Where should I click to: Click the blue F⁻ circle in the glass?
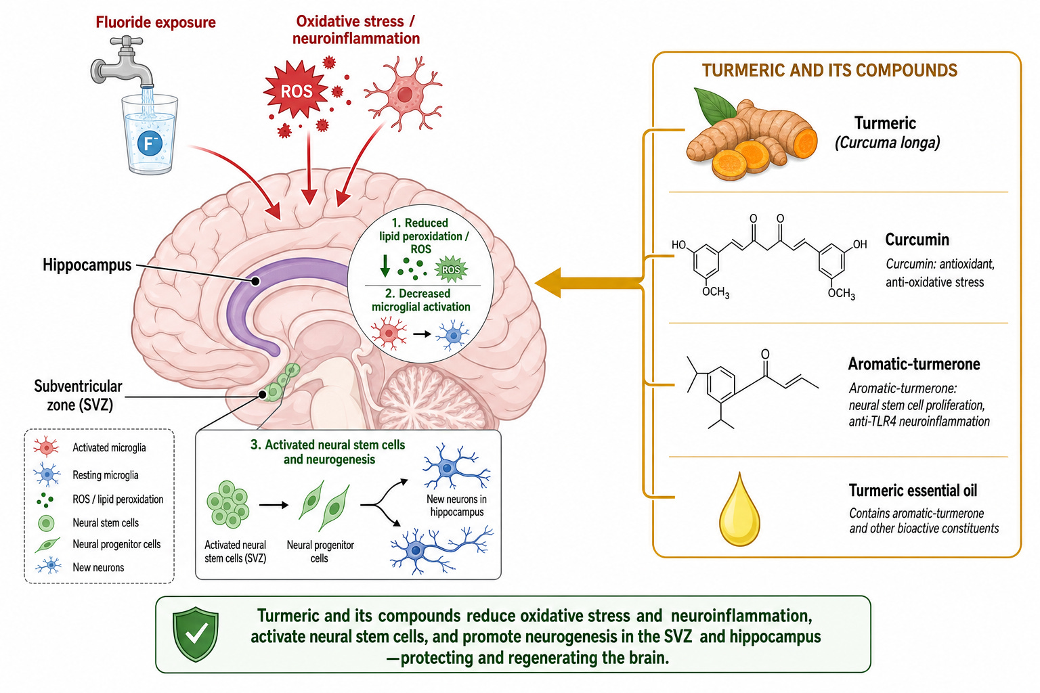pos(150,143)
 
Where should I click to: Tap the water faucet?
pos(122,63)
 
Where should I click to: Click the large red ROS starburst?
pos(296,90)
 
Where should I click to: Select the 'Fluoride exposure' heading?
pos(156,22)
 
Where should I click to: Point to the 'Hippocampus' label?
pos(87,265)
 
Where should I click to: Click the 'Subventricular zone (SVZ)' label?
pos(78,395)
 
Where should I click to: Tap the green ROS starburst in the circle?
pos(451,269)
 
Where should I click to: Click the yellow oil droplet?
pos(739,510)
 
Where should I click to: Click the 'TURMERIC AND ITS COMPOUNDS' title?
pos(829,70)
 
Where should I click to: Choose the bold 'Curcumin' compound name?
pos(917,240)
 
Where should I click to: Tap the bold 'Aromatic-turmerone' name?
pos(913,364)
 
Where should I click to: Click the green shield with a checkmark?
pos(196,634)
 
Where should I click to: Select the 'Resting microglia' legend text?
pos(106,475)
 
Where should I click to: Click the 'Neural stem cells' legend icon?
pos(46,523)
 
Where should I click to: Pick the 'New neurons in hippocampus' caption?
pos(457,506)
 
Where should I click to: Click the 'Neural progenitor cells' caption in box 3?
pos(320,552)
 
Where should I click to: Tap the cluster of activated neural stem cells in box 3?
pos(227,505)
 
